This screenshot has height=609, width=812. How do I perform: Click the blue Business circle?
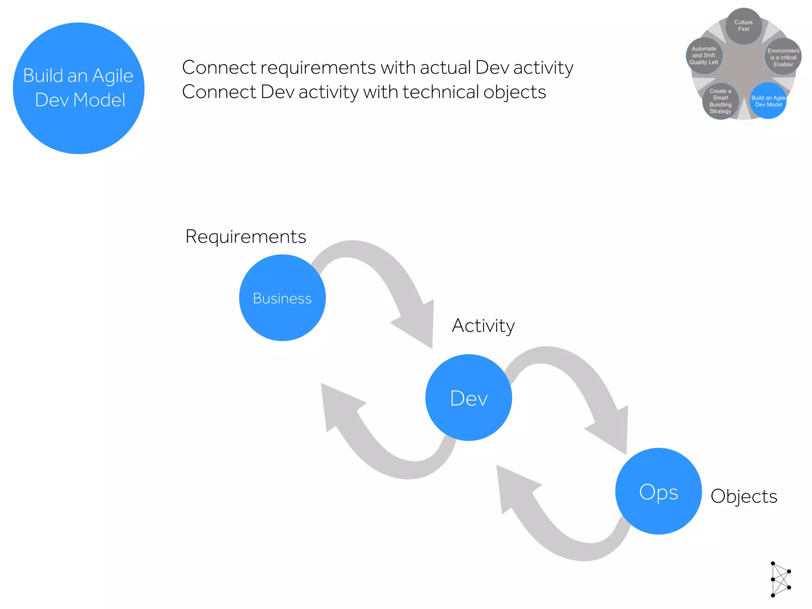coord(282,298)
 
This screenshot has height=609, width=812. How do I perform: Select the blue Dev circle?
coord(469,398)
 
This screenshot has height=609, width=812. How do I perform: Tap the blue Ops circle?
coord(659,491)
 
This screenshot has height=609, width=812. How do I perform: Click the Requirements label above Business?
coord(246,237)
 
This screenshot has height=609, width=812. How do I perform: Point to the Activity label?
coord(483,326)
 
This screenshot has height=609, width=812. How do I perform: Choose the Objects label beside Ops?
coord(744,496)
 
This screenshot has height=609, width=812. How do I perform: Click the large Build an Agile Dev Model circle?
coord(79,88)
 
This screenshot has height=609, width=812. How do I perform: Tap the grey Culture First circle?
coord(743,26)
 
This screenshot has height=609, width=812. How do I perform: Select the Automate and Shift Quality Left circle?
coord(704,56)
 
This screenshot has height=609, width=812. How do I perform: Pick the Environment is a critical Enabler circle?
coord(783,57)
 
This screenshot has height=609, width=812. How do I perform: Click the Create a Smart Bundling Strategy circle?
coord(720,101)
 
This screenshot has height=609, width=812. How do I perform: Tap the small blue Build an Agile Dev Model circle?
coord(768,101)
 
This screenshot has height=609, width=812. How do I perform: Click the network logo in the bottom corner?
coord(780,579)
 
